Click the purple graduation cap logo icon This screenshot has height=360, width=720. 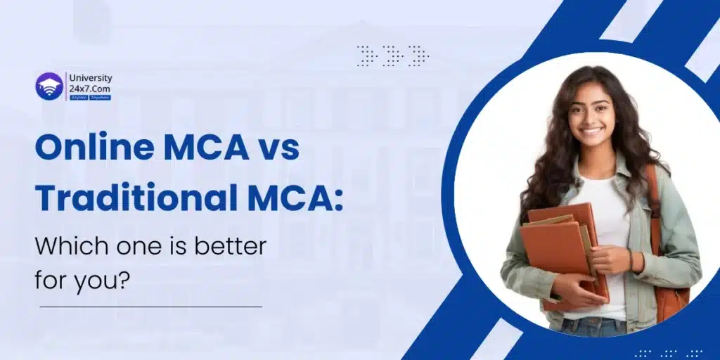(49, 86)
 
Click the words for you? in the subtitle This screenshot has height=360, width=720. (83, 280)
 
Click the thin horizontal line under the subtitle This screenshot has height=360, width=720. (150, 307)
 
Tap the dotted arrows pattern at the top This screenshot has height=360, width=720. (392, 56)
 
